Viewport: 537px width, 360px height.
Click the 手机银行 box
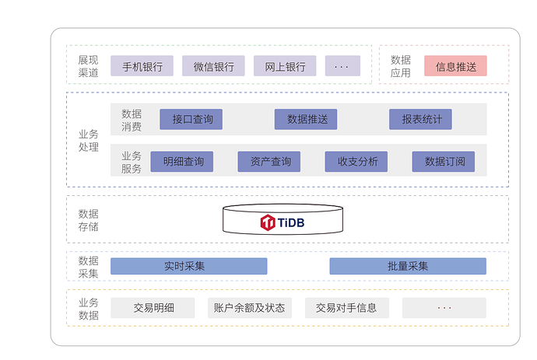click(x=142, y=66)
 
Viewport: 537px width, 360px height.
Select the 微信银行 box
click(x=213, y=66)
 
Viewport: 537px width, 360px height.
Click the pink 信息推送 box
click(x=455, y=66)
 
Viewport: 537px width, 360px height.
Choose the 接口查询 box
click(x=191, y=119)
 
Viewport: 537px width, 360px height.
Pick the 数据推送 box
click(x=306, y=119)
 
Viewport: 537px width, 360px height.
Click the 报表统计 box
click(x=421, y=119)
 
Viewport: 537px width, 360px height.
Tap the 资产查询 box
click(x=269, y=162)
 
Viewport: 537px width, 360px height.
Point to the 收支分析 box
click(x=356, y=162)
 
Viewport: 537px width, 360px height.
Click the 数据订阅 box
click(x=444, y=162)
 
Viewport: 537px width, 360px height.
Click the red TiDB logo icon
click(x=268, y=222)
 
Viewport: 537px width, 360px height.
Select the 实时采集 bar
click(x=188, y=266)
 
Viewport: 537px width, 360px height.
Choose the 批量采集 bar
click(x=408, y=266)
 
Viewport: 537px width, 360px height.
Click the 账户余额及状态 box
click(x=249, y=308)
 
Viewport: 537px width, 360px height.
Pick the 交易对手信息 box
click(x=346, y=308)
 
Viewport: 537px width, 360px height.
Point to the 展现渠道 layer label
click(x=88, y=66)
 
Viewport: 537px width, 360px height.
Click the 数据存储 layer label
click(x=88, y=220)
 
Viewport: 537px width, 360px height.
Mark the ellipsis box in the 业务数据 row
click(x=444, y=308)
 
